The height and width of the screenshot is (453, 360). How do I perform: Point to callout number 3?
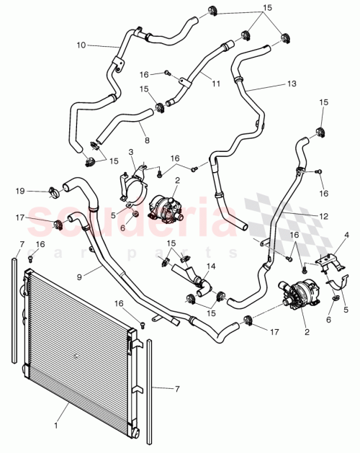click(132, 152)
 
